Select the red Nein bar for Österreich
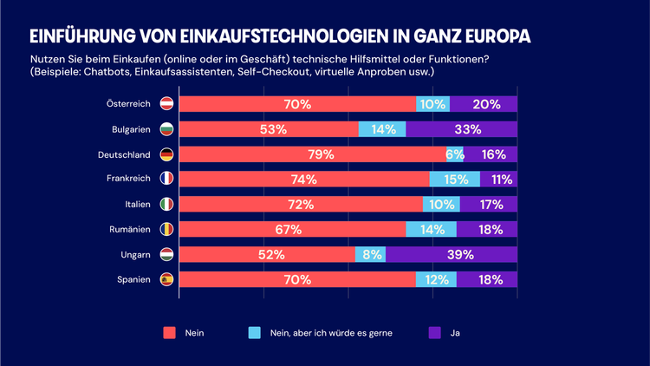point(297,104)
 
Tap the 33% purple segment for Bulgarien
point(462,129)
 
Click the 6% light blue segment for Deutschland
point(455,154)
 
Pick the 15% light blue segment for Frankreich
point(455,180)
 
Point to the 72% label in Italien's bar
point(301,205)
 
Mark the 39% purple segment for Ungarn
point(452,255)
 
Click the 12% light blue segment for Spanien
point(436,280)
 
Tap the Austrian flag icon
point(167,104)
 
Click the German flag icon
point(167,154)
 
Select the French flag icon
point(167,180)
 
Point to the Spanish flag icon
point(167,280)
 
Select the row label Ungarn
point(135,255)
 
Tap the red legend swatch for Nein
point(170,332)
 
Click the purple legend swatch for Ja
point(435,332)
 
